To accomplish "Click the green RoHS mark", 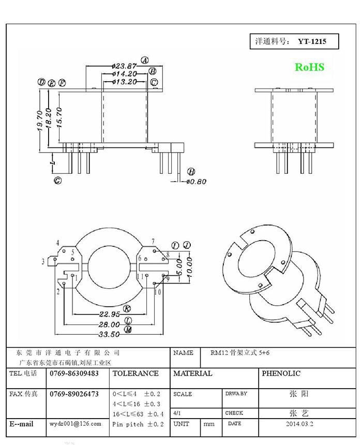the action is (x=309, y=67).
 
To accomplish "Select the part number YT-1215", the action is (x=312, y=41).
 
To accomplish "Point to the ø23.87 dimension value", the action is (x=124, y=66).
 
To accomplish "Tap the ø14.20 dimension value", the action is (x=125, y=74).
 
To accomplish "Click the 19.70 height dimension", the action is (x=40, y=121).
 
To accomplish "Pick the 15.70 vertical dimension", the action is (x=59, y=117).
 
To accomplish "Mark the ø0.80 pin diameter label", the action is (x=197, y=181).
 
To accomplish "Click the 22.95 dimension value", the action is (x=110, y=314).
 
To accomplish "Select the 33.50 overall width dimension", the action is (x=109, y=335).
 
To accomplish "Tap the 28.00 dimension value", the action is (x=109, y=324).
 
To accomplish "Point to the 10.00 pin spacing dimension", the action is (x=189, y=267).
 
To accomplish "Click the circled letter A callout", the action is (x=145, y=61).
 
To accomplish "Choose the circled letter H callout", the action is (x=191, y=172).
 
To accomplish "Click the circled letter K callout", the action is (x=127, y=308).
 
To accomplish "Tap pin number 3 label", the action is (x=43, y=261).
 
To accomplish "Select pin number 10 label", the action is (x=158, y=291).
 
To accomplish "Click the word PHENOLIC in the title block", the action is (x=281, y=374).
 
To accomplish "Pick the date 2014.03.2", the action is (x=299, y=424).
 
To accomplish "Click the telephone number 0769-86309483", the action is (x=74, y=374).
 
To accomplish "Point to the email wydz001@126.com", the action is (x=76, y=424).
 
